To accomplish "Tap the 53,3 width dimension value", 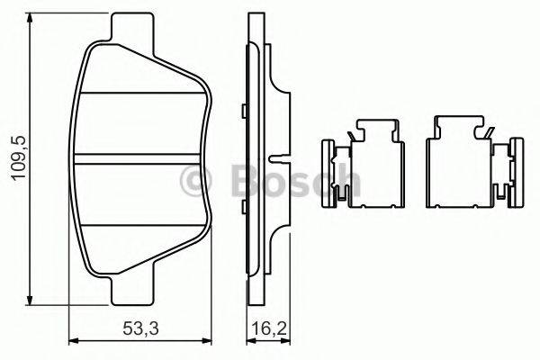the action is tap(140, 328).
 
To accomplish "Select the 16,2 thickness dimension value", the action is tap(270, 328).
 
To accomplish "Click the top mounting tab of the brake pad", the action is tap(132, 31).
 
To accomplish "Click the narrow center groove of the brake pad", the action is tap(138, 158).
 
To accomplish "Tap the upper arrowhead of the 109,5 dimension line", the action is tap(31, 19).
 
